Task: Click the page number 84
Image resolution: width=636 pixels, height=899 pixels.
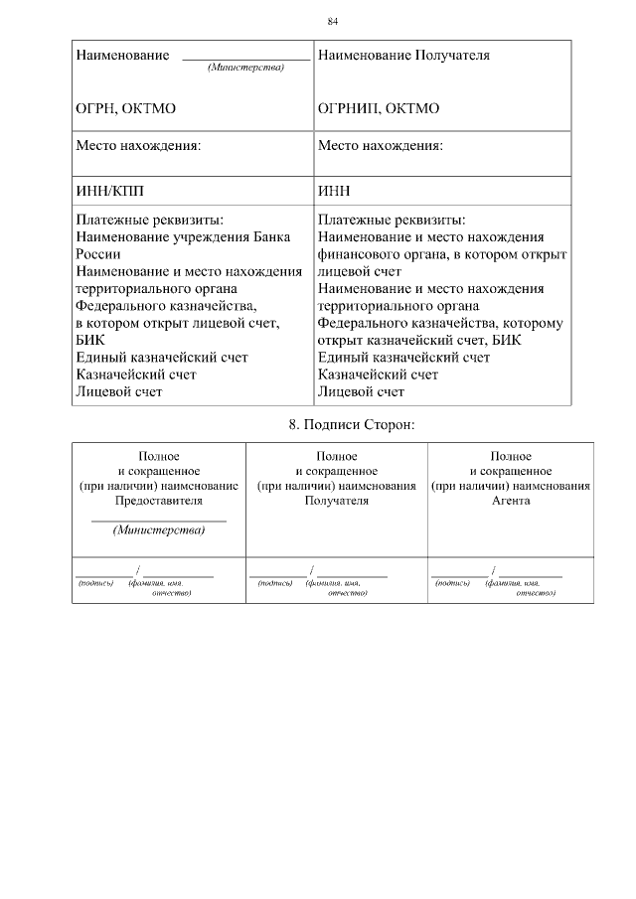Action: (333, 21)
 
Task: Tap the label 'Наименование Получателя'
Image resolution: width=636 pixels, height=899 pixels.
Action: (403, 56)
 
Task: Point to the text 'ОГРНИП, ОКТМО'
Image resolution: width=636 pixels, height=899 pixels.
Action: (379, 108)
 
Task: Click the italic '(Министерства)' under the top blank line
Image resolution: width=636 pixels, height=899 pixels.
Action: (245, 68)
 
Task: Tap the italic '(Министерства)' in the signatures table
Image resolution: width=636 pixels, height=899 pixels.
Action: (159, 529)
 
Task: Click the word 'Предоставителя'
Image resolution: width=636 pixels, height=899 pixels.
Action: (159, 501)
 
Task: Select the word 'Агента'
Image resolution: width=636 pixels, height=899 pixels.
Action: (510, 501)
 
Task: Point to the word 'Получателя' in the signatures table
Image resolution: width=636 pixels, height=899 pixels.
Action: (337, 501)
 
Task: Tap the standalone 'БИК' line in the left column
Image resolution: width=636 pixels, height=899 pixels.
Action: (90, 340)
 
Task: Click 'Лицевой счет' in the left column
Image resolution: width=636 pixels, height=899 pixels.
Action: (119, 391)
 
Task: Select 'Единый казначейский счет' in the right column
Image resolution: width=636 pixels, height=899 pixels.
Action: (403, 358)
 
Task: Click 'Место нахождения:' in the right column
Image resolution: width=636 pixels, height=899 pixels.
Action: (381, 145)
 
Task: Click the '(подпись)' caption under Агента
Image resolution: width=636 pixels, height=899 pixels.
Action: (453, 583)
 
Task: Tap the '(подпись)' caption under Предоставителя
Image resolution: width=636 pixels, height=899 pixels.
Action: (95, 583)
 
